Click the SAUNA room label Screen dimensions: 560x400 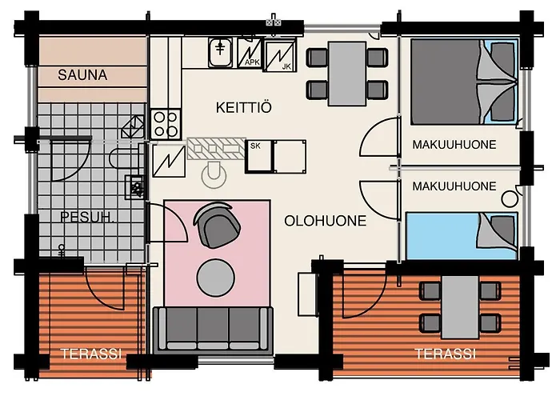tap(82, 75)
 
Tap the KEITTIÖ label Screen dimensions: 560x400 tap(244, 107)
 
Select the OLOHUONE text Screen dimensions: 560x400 tap(326, 221)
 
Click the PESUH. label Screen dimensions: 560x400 tap(87, 217)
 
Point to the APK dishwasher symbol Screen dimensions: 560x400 tap(250, 54)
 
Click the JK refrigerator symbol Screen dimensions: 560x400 tap(280, 56)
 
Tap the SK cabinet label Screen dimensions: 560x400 tap(255, 146)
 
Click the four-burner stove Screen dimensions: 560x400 tap(166, 124)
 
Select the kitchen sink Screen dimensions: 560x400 tap(220, 53)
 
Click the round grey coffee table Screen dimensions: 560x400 tap(216, 278)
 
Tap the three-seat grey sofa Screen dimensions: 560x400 tap(214, 330)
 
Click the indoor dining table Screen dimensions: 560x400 tap(347, 74)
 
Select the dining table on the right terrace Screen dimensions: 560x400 tap(460, 307)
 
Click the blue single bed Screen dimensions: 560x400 tap(462, 236)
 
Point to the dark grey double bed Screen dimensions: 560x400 tap(464, 82)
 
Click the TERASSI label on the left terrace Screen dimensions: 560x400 tap(91, 354)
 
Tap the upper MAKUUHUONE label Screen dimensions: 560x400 tap(454, 145)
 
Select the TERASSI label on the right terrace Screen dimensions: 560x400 tap(445, 354)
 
